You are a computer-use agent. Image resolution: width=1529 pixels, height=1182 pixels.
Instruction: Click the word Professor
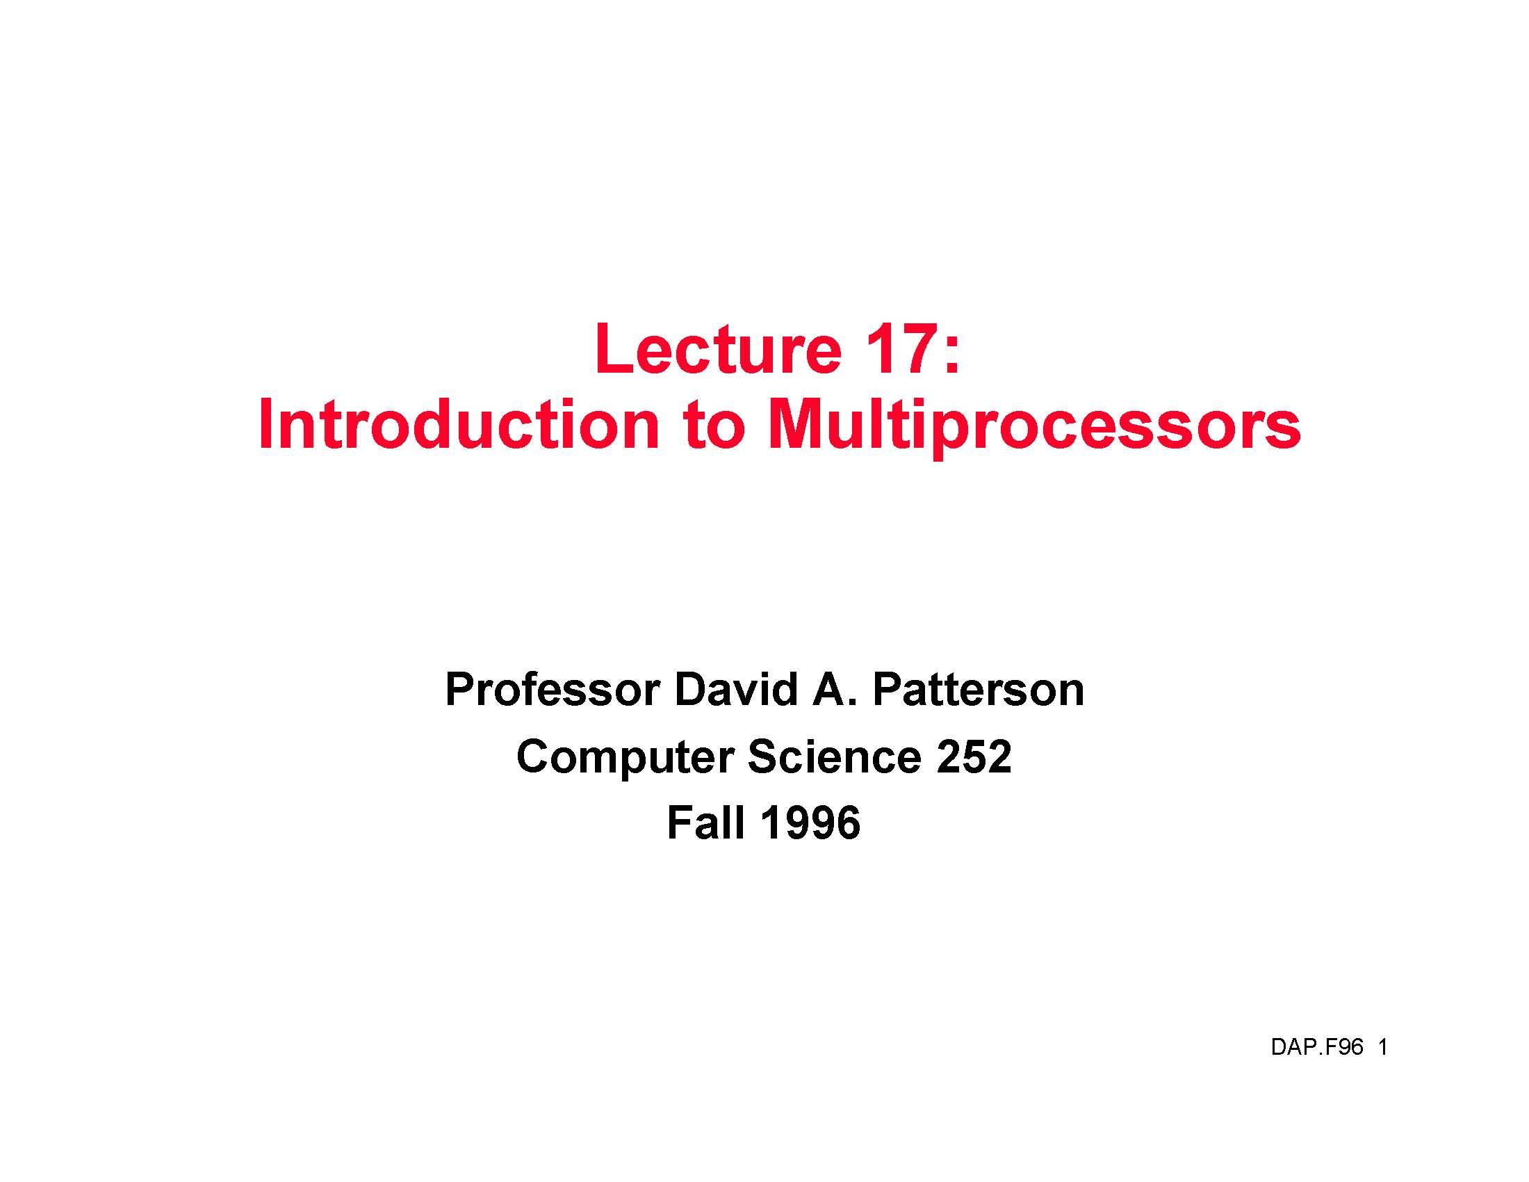pos(552,690)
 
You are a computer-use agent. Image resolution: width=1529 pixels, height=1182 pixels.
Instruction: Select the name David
pos(736,690)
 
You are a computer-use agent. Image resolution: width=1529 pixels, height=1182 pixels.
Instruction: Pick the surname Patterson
pos(979,690)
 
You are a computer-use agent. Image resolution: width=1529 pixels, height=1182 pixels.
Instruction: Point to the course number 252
pos(974,756)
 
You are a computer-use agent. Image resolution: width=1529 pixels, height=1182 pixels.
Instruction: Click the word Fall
pos(705,822)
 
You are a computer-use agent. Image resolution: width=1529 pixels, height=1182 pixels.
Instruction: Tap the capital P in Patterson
pos(889,690)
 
